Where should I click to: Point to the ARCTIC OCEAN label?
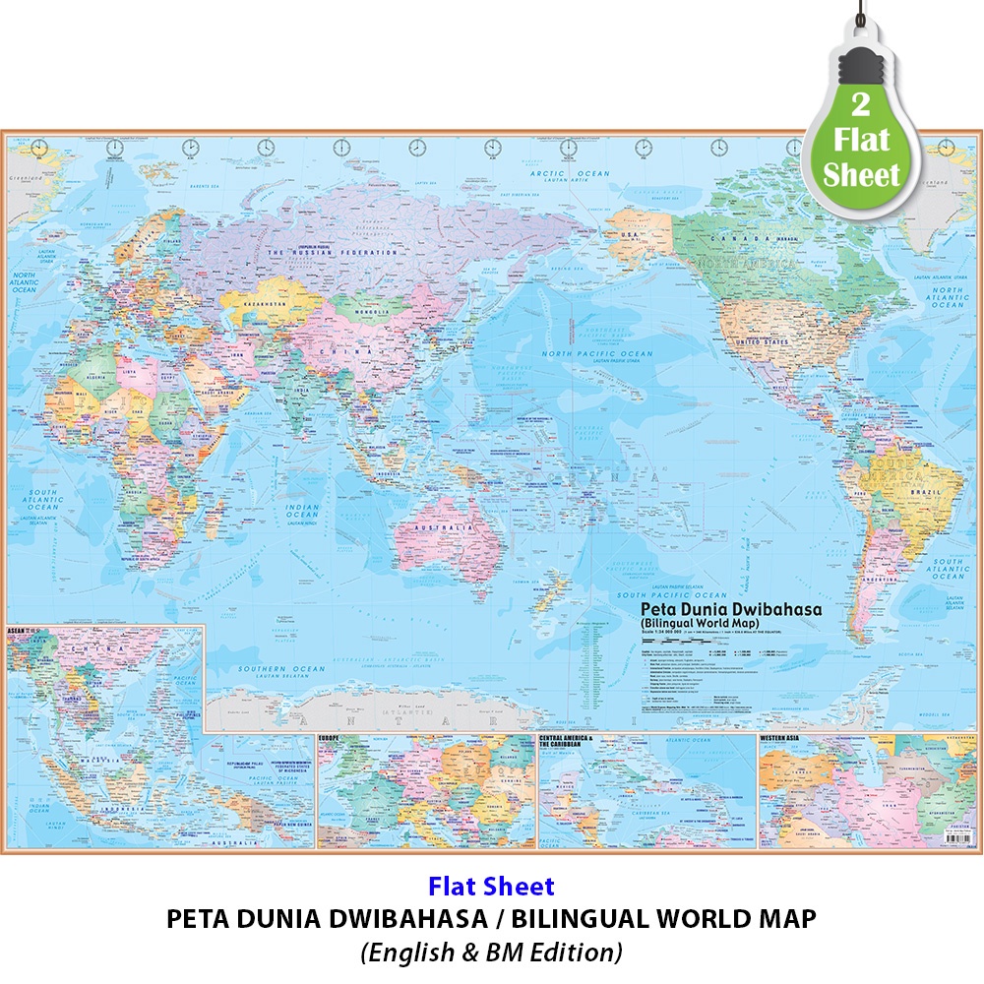tap(584, 174)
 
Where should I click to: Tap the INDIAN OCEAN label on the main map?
tap(301, 510)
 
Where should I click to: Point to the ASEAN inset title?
tap(18, 628)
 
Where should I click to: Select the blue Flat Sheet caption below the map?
tap(491, 887)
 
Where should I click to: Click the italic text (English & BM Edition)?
tap(491, 952)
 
